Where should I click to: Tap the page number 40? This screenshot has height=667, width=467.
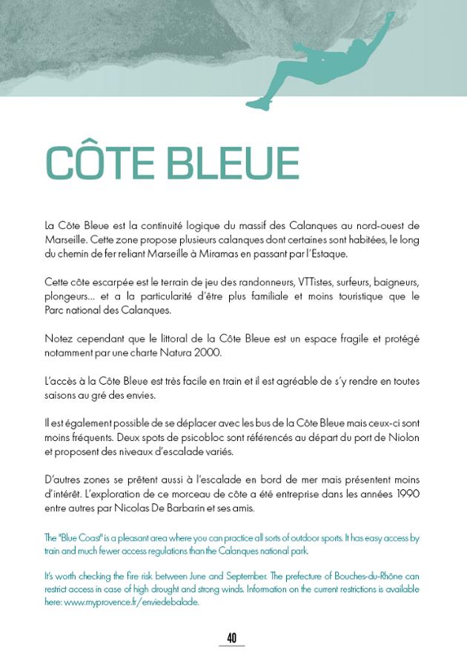[232, 637]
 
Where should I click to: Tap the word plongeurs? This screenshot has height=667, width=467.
[67, 296]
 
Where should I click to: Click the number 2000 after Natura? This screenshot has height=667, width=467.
[206, 353]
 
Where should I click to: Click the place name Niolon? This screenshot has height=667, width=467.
[403, 437]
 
